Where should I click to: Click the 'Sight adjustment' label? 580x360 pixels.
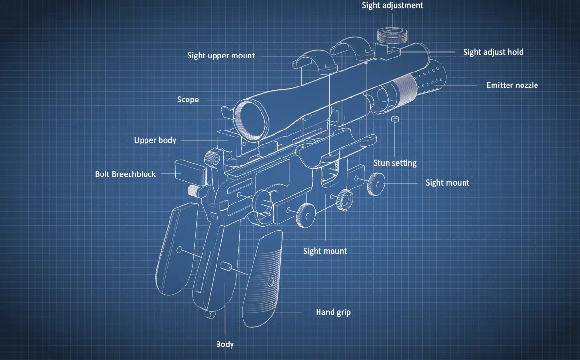click(392, 6)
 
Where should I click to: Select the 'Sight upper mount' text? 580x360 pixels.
click(221, 56)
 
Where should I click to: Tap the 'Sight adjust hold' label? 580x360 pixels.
click(493, 52)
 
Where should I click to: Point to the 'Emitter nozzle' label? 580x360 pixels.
click(512, 86)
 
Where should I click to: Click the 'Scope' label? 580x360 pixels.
click(188, 100)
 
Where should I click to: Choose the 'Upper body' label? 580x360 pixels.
click(155, 141)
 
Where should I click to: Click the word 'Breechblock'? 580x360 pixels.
click(134, 174)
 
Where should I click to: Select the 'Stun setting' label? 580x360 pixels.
click(395, 163)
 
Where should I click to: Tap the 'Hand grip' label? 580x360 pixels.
click(333, 312)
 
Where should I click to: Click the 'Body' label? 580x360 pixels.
click(225, 345)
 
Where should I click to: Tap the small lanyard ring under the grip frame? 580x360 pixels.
click(209, 315)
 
